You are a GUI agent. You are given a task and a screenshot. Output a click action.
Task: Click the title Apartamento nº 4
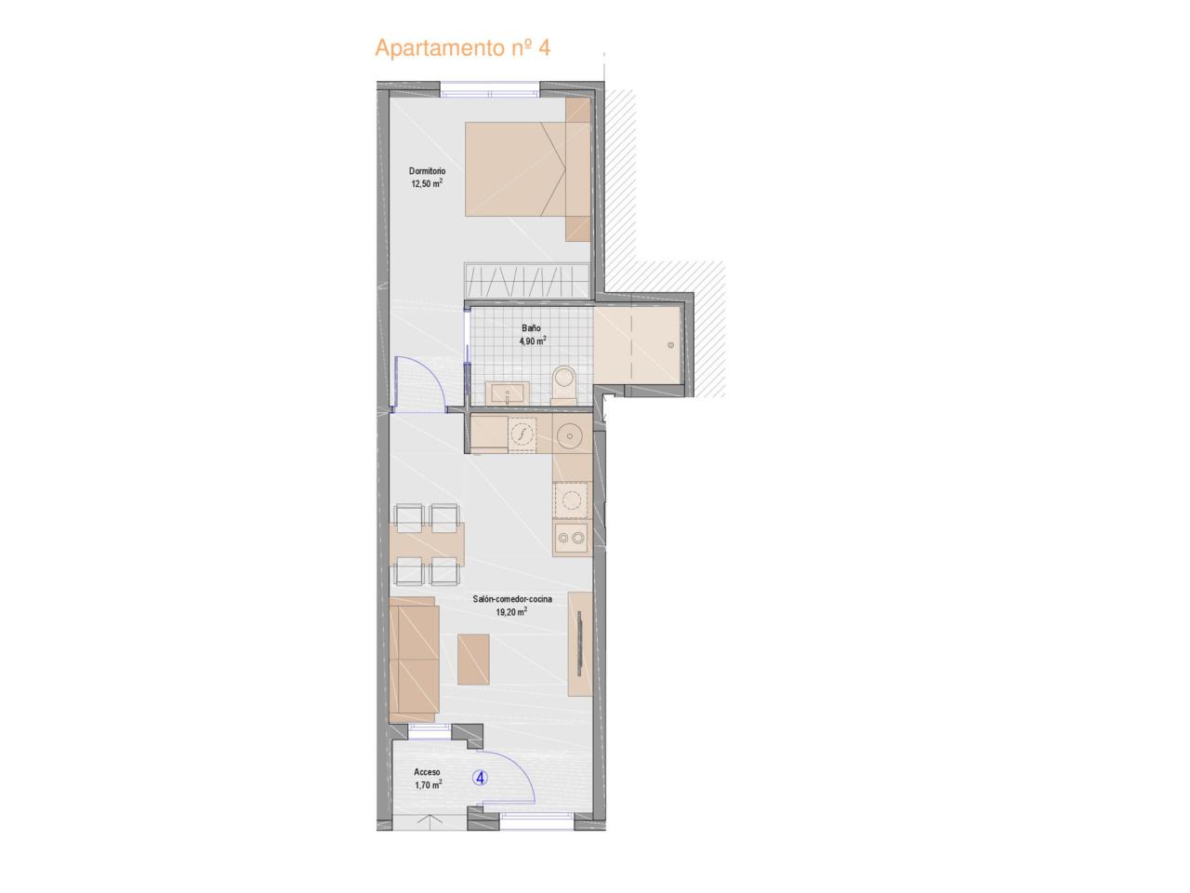coord(462,47)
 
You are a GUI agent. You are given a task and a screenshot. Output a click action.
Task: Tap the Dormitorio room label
coord(428,171)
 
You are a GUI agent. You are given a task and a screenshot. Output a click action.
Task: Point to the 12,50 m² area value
coord(427,183)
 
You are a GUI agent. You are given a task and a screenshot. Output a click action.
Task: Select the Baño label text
coord(531,328)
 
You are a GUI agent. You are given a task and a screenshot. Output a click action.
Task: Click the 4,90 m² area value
coord(533,340)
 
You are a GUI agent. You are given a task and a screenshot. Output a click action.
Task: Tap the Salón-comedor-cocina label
coord(512,599)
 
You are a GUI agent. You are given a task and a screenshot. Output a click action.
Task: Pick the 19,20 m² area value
coord(511,611)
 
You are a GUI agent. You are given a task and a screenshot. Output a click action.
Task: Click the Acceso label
coord(428,771)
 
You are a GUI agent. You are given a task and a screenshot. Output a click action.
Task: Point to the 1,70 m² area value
coord(428,784)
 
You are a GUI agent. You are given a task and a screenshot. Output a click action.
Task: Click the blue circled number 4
coord(481,778)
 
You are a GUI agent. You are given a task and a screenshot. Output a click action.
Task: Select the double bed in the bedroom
coord(527,169)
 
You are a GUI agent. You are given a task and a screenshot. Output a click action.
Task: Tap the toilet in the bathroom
coord(563,384)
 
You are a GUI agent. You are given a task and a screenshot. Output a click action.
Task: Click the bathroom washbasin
coord(507,393)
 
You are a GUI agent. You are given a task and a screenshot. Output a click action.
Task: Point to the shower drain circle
coord(670,345)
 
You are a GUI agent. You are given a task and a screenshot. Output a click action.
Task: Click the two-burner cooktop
coord(572,538)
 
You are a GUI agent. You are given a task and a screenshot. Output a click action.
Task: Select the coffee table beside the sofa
coord(473,660)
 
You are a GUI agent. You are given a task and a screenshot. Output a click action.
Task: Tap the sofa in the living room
coord(415,660)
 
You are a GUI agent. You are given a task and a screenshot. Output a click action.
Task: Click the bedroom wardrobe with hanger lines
coord(527,280)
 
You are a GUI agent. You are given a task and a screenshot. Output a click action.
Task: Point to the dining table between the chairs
coord(428,544)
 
